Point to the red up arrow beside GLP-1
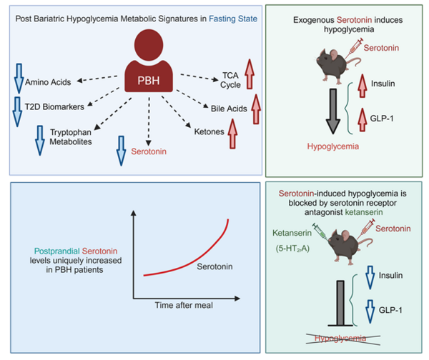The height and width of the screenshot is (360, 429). pyautogui.click(x=355, y=118)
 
